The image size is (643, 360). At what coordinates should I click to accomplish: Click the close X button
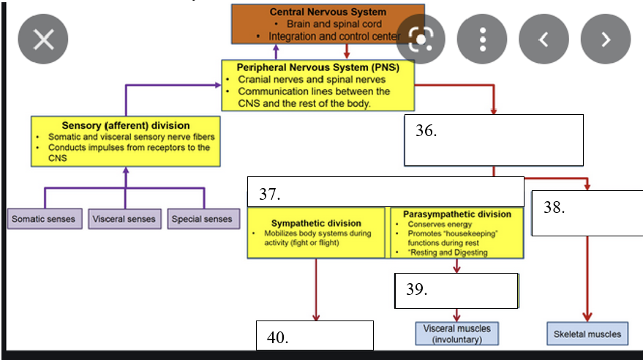click(x=43, y=40)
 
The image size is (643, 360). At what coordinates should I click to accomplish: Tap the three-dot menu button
click(x=482, y=40)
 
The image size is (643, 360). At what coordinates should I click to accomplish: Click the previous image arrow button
click(x=544, y=40)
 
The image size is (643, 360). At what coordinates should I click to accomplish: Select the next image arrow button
click(x=606, y=40)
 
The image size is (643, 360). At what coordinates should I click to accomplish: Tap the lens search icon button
click(x=421, y=40)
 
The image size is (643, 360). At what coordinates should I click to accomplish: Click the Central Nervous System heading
click(x=328, y=12)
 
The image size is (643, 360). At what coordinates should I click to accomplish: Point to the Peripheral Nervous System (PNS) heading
click(x=317, y=67)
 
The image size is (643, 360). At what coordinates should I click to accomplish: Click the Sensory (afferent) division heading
click(x=126, y=125)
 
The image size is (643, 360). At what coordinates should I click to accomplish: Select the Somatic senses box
click(x=45, y=219)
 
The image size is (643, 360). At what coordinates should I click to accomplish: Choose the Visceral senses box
click(x=124, y=219)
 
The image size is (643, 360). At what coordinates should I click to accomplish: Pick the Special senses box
click(x=203, y=219)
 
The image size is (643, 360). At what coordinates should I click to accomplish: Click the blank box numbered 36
click(x=494, y=140)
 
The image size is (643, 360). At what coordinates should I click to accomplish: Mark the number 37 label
click(x=269, y=194)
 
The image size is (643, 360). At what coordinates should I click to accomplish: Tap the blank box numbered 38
click(x=587, y=213)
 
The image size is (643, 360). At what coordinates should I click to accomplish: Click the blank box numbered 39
click(x=456, y=290)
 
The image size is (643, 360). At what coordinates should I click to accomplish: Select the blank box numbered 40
click(x=315, y=335)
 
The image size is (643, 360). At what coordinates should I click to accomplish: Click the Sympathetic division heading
click(x=316, y=223)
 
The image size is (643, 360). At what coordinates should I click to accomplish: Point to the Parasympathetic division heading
click(x=457, y=214)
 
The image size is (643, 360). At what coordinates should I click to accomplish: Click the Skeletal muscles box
click(x=587, y=334)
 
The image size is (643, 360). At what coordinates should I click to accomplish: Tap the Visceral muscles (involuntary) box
click(x=456, y=334)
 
